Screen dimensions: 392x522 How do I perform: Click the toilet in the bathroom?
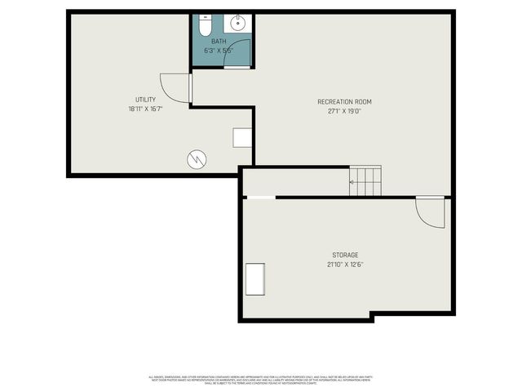pos(206,22)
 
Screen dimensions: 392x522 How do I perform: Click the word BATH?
pos(219,41)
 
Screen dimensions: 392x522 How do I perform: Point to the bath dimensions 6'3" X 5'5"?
pos(219,50)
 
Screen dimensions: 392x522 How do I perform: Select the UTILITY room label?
pos(145,100)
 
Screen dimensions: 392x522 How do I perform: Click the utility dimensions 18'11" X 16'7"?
pos(145,109)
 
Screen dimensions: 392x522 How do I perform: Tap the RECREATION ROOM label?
pos(344,101)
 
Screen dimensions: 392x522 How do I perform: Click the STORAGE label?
pos(344,255)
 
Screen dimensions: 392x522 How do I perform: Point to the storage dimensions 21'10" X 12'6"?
pos(344,264)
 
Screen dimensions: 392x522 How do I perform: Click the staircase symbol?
pos(365,180)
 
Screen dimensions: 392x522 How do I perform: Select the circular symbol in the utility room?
pos(197,158)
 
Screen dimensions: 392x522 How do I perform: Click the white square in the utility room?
pos(242,137)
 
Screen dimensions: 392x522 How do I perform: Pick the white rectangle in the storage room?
pos(255,279)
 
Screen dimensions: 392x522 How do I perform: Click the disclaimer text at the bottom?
pos(261,379)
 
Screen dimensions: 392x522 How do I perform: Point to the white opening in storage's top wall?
pos(261,197)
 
